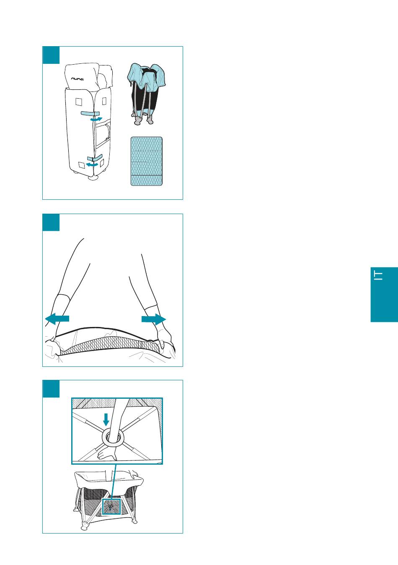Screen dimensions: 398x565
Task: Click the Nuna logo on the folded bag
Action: coord(78,79)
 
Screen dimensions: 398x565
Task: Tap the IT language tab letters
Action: coord(378,275)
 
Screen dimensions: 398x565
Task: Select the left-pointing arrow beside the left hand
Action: coord(57,319)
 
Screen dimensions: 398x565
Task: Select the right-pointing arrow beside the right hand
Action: coord(154,319)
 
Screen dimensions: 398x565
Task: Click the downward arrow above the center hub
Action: coord(106,420)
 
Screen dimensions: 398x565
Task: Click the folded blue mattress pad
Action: coord(147,161)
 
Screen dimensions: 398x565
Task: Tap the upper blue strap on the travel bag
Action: coord(90,114)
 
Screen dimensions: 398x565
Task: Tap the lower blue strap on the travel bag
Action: coord(95,158)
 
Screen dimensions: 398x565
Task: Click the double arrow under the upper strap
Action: coord(96,119)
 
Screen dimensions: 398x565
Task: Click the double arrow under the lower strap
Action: coord(92,165)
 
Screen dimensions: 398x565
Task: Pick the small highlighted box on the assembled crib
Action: coord(111,507)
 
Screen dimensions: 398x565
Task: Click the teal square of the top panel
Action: coord(51,55)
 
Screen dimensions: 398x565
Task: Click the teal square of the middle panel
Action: coord(51,222)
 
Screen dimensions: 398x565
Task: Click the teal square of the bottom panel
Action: coord(51,389)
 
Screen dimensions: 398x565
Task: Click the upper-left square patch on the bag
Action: coord(79,102)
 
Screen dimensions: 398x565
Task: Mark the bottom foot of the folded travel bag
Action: coord(93,178)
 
